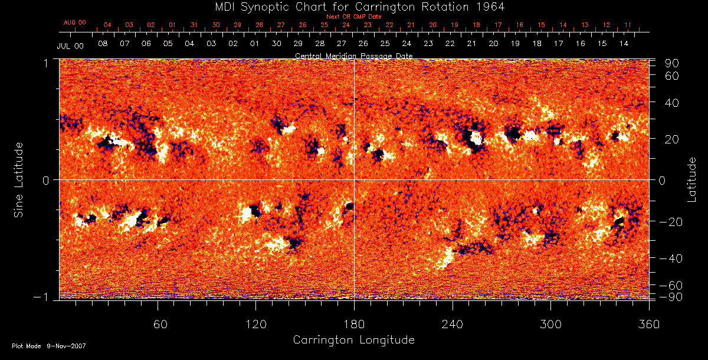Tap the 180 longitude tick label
[x=353, y=325]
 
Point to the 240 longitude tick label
[x=452, y=325]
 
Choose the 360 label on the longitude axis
[x=648, y=325]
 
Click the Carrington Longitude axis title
[x=353, y=340]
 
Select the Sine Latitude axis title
[x=19, y=179]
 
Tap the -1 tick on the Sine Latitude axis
[x=45, y=298]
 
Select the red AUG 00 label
[x=74, y=22]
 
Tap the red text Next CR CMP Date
[x=354, y=17]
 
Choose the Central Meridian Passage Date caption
[x=353, y=55]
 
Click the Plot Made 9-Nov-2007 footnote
[x=49, y=346]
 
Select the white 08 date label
[x=103, y=44]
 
